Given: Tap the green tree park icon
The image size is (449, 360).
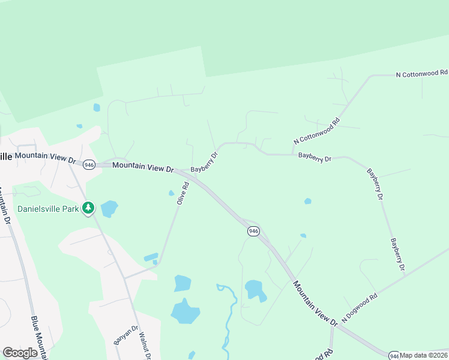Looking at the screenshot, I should [x=89, y=208].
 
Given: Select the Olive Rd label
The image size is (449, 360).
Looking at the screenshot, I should [x=183, y=194].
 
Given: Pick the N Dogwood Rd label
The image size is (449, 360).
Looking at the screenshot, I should [x=359, y=307].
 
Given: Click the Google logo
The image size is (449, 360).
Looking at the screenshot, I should [x=20, y=353].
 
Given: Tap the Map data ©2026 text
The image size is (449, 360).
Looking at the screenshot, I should [x=424, y=355].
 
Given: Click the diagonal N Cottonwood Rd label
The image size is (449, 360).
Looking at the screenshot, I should [x=316, y=130].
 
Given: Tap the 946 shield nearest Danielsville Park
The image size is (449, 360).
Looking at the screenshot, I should [x=89, y=164].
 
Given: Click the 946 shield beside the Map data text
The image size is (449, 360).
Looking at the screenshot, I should [x=394, y=355].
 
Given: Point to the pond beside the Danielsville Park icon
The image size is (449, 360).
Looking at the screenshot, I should [x=109, y=209].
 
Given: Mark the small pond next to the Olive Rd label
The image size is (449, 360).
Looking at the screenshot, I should [x=172, y=193].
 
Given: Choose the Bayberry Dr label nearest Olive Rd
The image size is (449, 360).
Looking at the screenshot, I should [x=204, y=161].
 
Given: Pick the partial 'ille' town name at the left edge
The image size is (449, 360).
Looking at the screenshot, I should [x=6, y=156].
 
